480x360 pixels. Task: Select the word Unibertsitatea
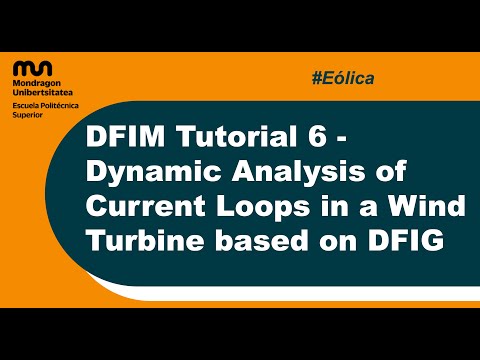coord(45,94)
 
